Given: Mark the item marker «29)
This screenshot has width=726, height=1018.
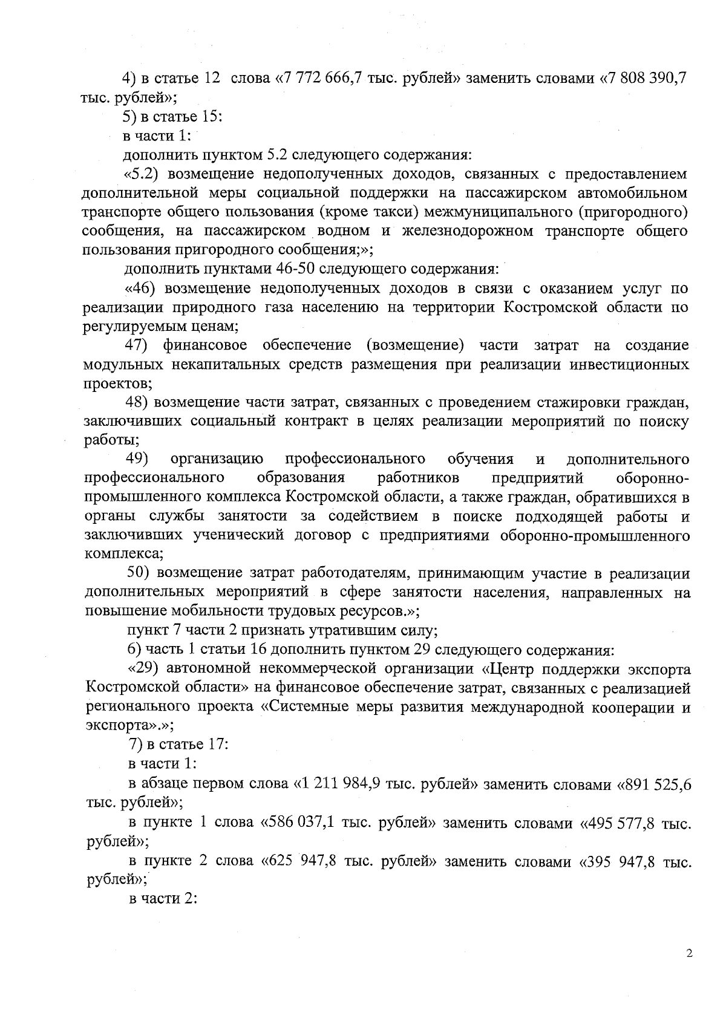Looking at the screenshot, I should (x=143, y=668).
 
